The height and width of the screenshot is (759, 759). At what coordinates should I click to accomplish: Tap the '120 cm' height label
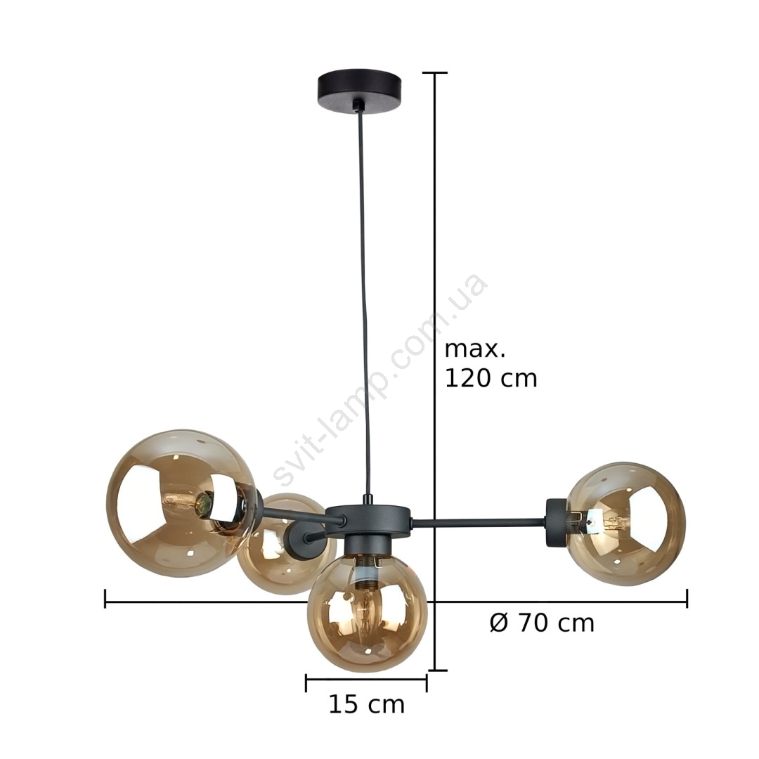pos(491,378)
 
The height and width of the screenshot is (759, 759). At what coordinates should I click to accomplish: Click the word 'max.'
pos(474,349)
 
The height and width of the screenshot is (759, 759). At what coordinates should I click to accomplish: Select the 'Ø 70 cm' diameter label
pos(542,623)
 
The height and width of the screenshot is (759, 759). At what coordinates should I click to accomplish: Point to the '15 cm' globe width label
pos(366,704)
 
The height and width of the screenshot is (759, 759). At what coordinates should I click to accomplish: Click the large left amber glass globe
pos(181,502)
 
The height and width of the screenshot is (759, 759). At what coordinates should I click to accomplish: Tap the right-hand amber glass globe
pos(626,524)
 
